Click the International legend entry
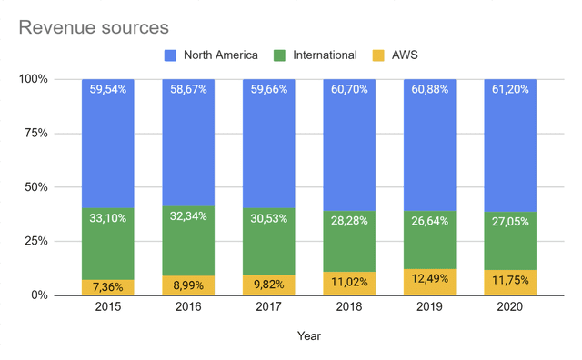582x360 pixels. pyautogui.click(x=323, y=55)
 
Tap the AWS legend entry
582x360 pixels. pyautogui.click(x=405, y=55)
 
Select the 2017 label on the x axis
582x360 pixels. pyautogui.click(x=269, y=308)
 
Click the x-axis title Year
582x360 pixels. pyautogui.click(x=309, y=336)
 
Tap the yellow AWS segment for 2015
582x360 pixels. pyautogui.click(x=107, y=287)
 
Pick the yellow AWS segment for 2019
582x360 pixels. pyautogui.click(x=431, y=283)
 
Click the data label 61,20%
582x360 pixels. pyautogui.click(x=511, y=90)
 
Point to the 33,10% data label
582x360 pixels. pyautogui.click(x=107, y=219)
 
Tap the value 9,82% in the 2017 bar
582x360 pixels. pyautogui.click(x=269, y=285)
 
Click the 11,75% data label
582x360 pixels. pyautogui.click(x=511, y=282)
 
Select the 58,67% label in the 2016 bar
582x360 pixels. pyautogui.click(x=188, y=90)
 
